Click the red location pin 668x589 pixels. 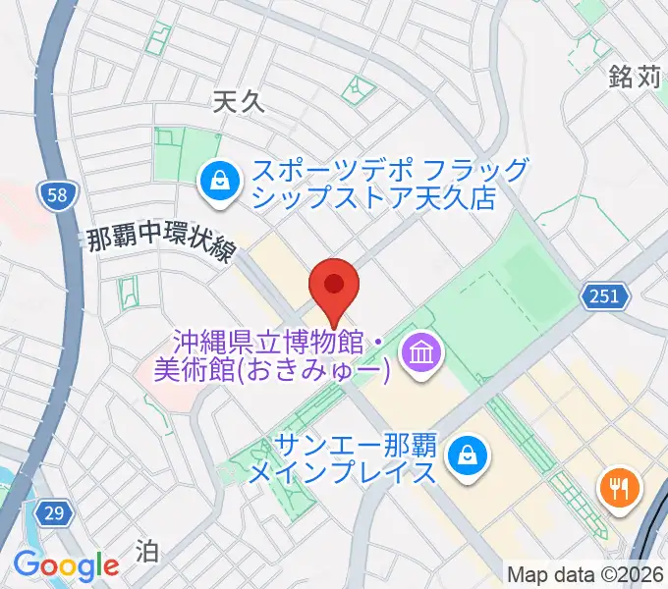(334, 286)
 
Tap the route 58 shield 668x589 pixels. (58, 195)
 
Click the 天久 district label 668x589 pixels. (240, 100)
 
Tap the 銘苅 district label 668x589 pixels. (634, 77)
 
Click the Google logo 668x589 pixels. (65, 565)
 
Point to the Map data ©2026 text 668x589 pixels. (585, 573)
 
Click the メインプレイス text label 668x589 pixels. (341, 474)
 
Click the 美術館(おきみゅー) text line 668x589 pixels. (273, 371)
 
